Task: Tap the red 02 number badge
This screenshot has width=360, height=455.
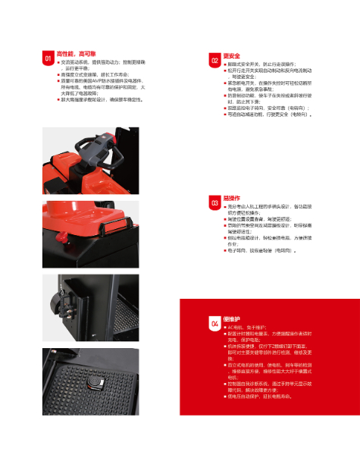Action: (214, 59)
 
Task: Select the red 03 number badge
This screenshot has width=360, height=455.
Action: (214, 201)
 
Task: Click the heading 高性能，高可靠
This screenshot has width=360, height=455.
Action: (74, 54)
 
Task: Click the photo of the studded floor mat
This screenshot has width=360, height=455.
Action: (91, 379)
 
